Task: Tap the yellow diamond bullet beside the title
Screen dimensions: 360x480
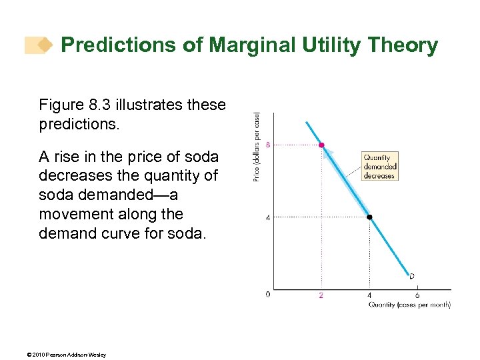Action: coord(44,45)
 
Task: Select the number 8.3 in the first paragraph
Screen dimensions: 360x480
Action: coord(101,105)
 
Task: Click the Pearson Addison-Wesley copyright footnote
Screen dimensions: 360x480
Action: coord(57,354)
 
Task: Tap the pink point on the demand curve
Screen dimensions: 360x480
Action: coord(321,145)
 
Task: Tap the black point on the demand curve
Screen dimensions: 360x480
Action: coord(369,217)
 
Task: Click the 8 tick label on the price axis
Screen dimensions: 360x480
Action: coord(268,145)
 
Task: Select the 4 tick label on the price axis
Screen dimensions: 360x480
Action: coord(268,217)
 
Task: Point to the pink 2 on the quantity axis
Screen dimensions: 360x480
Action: coord(321,295)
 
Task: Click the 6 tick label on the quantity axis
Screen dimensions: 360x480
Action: coord(417,295)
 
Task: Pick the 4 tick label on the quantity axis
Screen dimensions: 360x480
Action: coord(369,295)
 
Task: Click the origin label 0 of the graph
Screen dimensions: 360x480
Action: coord(268,294)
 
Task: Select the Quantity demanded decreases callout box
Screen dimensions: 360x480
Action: coord(379,167)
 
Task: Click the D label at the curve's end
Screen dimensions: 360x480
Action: coord(411,276)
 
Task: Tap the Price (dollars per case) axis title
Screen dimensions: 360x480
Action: coord(257,147)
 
